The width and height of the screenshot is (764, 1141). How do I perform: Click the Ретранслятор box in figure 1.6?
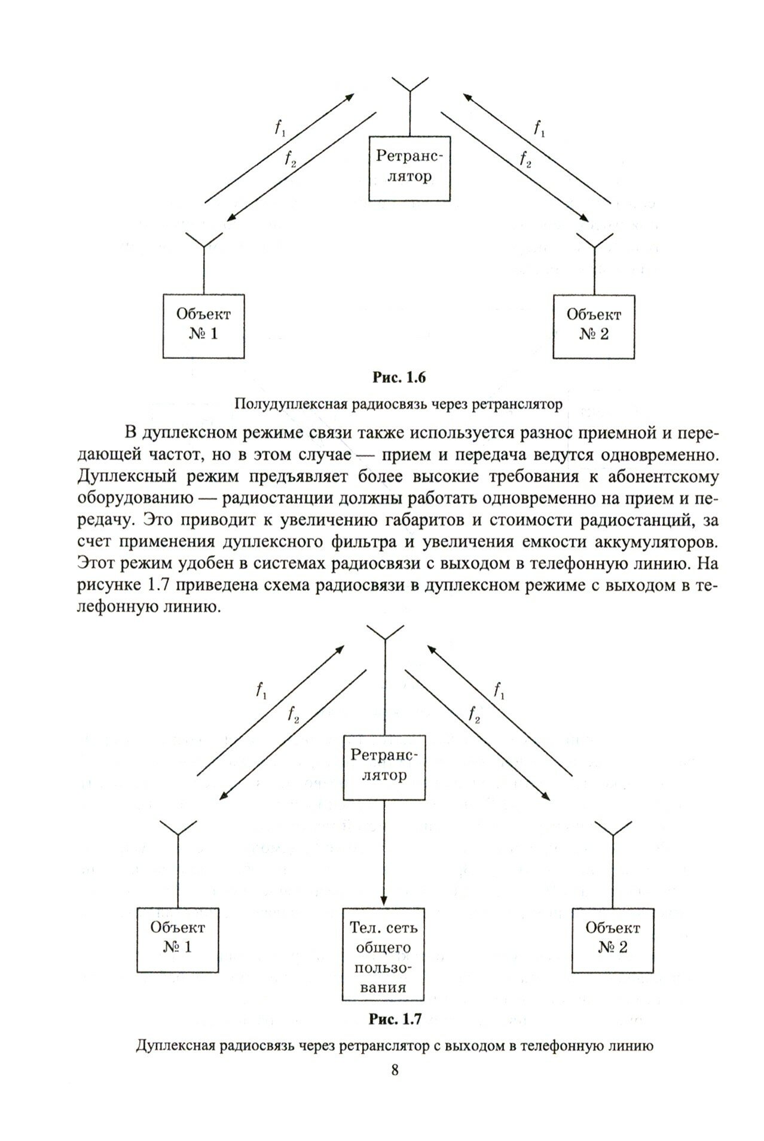[409, 168]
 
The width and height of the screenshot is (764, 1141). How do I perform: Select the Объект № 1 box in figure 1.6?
[204, 325]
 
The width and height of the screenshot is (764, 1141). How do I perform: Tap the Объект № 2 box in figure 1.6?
[594, 325]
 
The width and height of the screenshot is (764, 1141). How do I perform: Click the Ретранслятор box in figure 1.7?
[383, 766]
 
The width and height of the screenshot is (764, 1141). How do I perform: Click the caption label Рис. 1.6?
[398, 378]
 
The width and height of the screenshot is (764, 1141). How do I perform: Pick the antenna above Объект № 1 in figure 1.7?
[178, 832]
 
